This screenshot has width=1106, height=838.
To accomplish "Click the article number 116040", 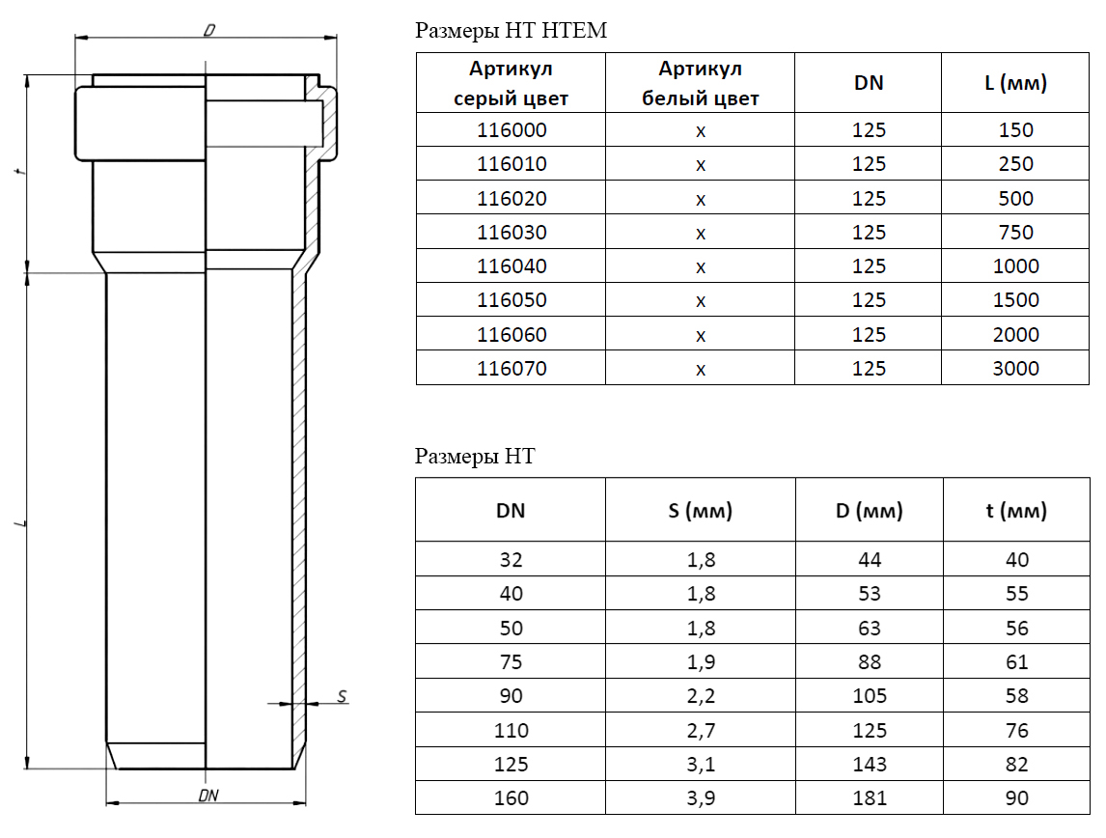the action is tap(512, 265).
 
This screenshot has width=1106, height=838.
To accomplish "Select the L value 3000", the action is tap(1015, 368).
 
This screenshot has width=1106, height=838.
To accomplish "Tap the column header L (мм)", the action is tap(1015, 83).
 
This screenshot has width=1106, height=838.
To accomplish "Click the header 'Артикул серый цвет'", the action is tap(511, 83).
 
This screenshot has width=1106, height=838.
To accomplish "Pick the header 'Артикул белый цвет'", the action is tap(701, 83).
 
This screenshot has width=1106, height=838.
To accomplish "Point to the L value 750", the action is tap(1015, 232).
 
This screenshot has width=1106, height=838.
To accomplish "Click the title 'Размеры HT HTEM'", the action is tap(511, 30).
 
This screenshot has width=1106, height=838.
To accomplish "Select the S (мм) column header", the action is tap(701, 511).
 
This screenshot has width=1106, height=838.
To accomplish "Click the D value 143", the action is tap(870, 764).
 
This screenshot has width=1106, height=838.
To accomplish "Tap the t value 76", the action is tap(1017, 730).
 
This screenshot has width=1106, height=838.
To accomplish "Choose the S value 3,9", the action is tap(701, 797).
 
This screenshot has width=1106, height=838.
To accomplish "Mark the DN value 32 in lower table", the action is tap(511, 559).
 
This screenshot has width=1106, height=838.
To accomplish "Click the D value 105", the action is tap(870, 695).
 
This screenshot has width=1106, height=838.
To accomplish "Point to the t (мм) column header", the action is tap(1016, 511).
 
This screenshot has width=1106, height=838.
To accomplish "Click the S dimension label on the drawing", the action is tap(342, 695).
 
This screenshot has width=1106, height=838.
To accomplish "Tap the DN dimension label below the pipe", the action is tap(208, 795).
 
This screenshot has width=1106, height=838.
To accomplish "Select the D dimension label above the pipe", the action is tap(209, 30).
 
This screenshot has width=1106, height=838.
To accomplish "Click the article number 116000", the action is tap(512, 129).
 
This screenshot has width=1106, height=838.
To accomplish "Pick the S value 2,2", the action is tap(701, 695).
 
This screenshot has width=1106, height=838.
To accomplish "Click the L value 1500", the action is tap(1015, 300).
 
